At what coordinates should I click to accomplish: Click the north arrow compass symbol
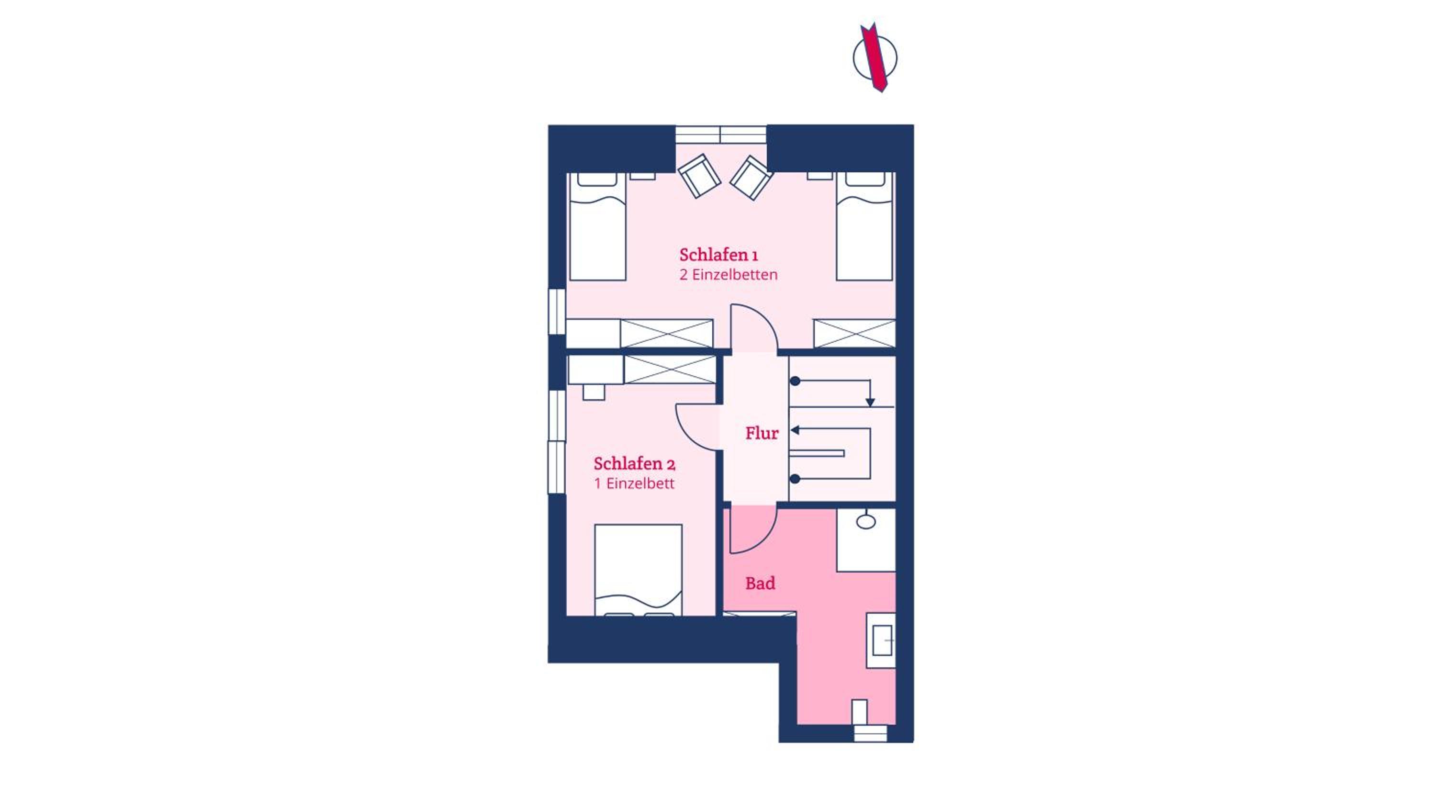click(x=875, y=57)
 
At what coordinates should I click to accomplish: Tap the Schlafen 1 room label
click(x=718, y=255)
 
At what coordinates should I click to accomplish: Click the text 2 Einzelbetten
click(x=728, y=275)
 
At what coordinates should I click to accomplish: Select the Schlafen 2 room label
click(x=634, y=463)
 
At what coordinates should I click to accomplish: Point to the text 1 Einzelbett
click(x=634, y=483)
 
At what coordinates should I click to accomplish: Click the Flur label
click(x=762, y=433)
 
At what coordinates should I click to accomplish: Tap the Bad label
click(x=761, y=584)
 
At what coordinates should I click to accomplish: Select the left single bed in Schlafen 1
click(x=597, y=226)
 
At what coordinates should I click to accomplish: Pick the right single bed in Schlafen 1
click(x=864, y=226)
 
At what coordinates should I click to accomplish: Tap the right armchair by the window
click(x=751, y=177)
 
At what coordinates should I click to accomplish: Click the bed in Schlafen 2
click(x=638, y=570)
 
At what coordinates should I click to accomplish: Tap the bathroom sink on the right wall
click(x=881, y=640)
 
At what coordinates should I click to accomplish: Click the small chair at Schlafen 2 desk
click(x=594, y=392)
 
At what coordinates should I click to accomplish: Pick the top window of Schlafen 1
click(x=721, y=135)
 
